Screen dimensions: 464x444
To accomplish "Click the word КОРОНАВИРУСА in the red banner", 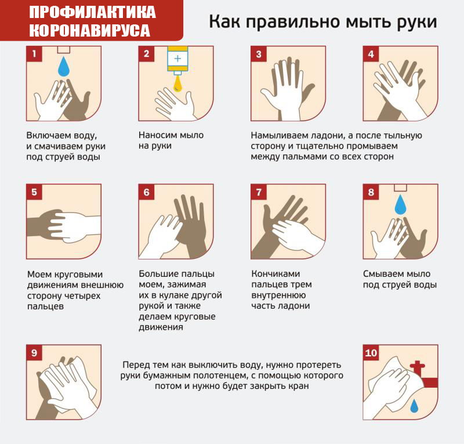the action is point(89,31).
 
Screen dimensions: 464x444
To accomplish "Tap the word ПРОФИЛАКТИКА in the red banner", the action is point(92,12).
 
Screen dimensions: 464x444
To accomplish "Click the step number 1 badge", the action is point(34,54).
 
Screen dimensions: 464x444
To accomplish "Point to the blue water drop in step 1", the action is point(64,67).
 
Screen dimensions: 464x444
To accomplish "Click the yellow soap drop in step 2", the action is point(177,84).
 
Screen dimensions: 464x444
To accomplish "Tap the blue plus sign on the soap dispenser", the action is point(177,59).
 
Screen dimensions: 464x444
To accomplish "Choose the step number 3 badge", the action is point(259,54).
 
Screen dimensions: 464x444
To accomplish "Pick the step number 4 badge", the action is point(371,54).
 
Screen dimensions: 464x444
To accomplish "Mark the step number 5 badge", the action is point(34,192).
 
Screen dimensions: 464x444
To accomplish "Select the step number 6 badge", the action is point(147,192).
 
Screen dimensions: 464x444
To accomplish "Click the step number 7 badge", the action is point(259,192).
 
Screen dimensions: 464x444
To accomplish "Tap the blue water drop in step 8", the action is point(401,205).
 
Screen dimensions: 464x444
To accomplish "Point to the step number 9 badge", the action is point(34,352).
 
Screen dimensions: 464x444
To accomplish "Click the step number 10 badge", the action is point(371,352).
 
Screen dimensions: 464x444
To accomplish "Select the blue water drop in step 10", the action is point(414,406).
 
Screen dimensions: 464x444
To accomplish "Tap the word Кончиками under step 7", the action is point(276,274).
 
